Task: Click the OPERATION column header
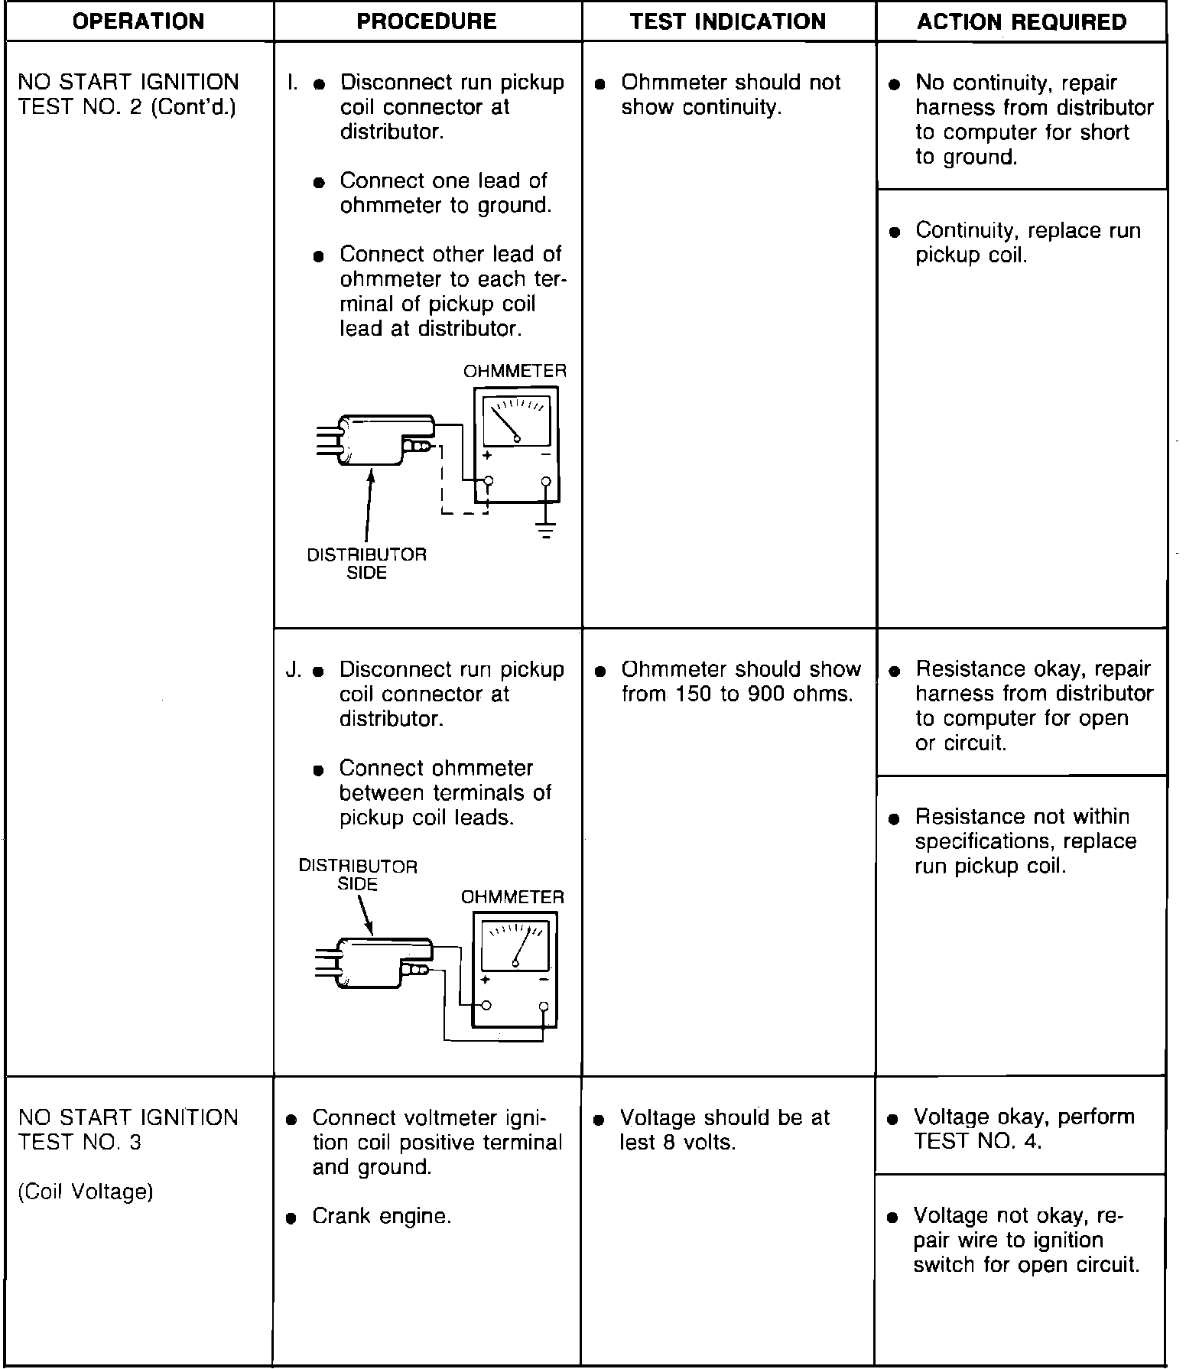138,21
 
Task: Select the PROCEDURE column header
427,21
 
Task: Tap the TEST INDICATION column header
728,21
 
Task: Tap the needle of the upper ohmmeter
504,423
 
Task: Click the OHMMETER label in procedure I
515,371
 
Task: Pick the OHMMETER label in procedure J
512,897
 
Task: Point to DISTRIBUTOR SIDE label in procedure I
366,564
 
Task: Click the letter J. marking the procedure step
294,670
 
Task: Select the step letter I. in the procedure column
292,83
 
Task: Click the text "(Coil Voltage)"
86,1192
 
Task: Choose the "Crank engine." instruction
382,1216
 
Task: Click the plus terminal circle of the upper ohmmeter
489,482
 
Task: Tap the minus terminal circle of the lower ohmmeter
544,1006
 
